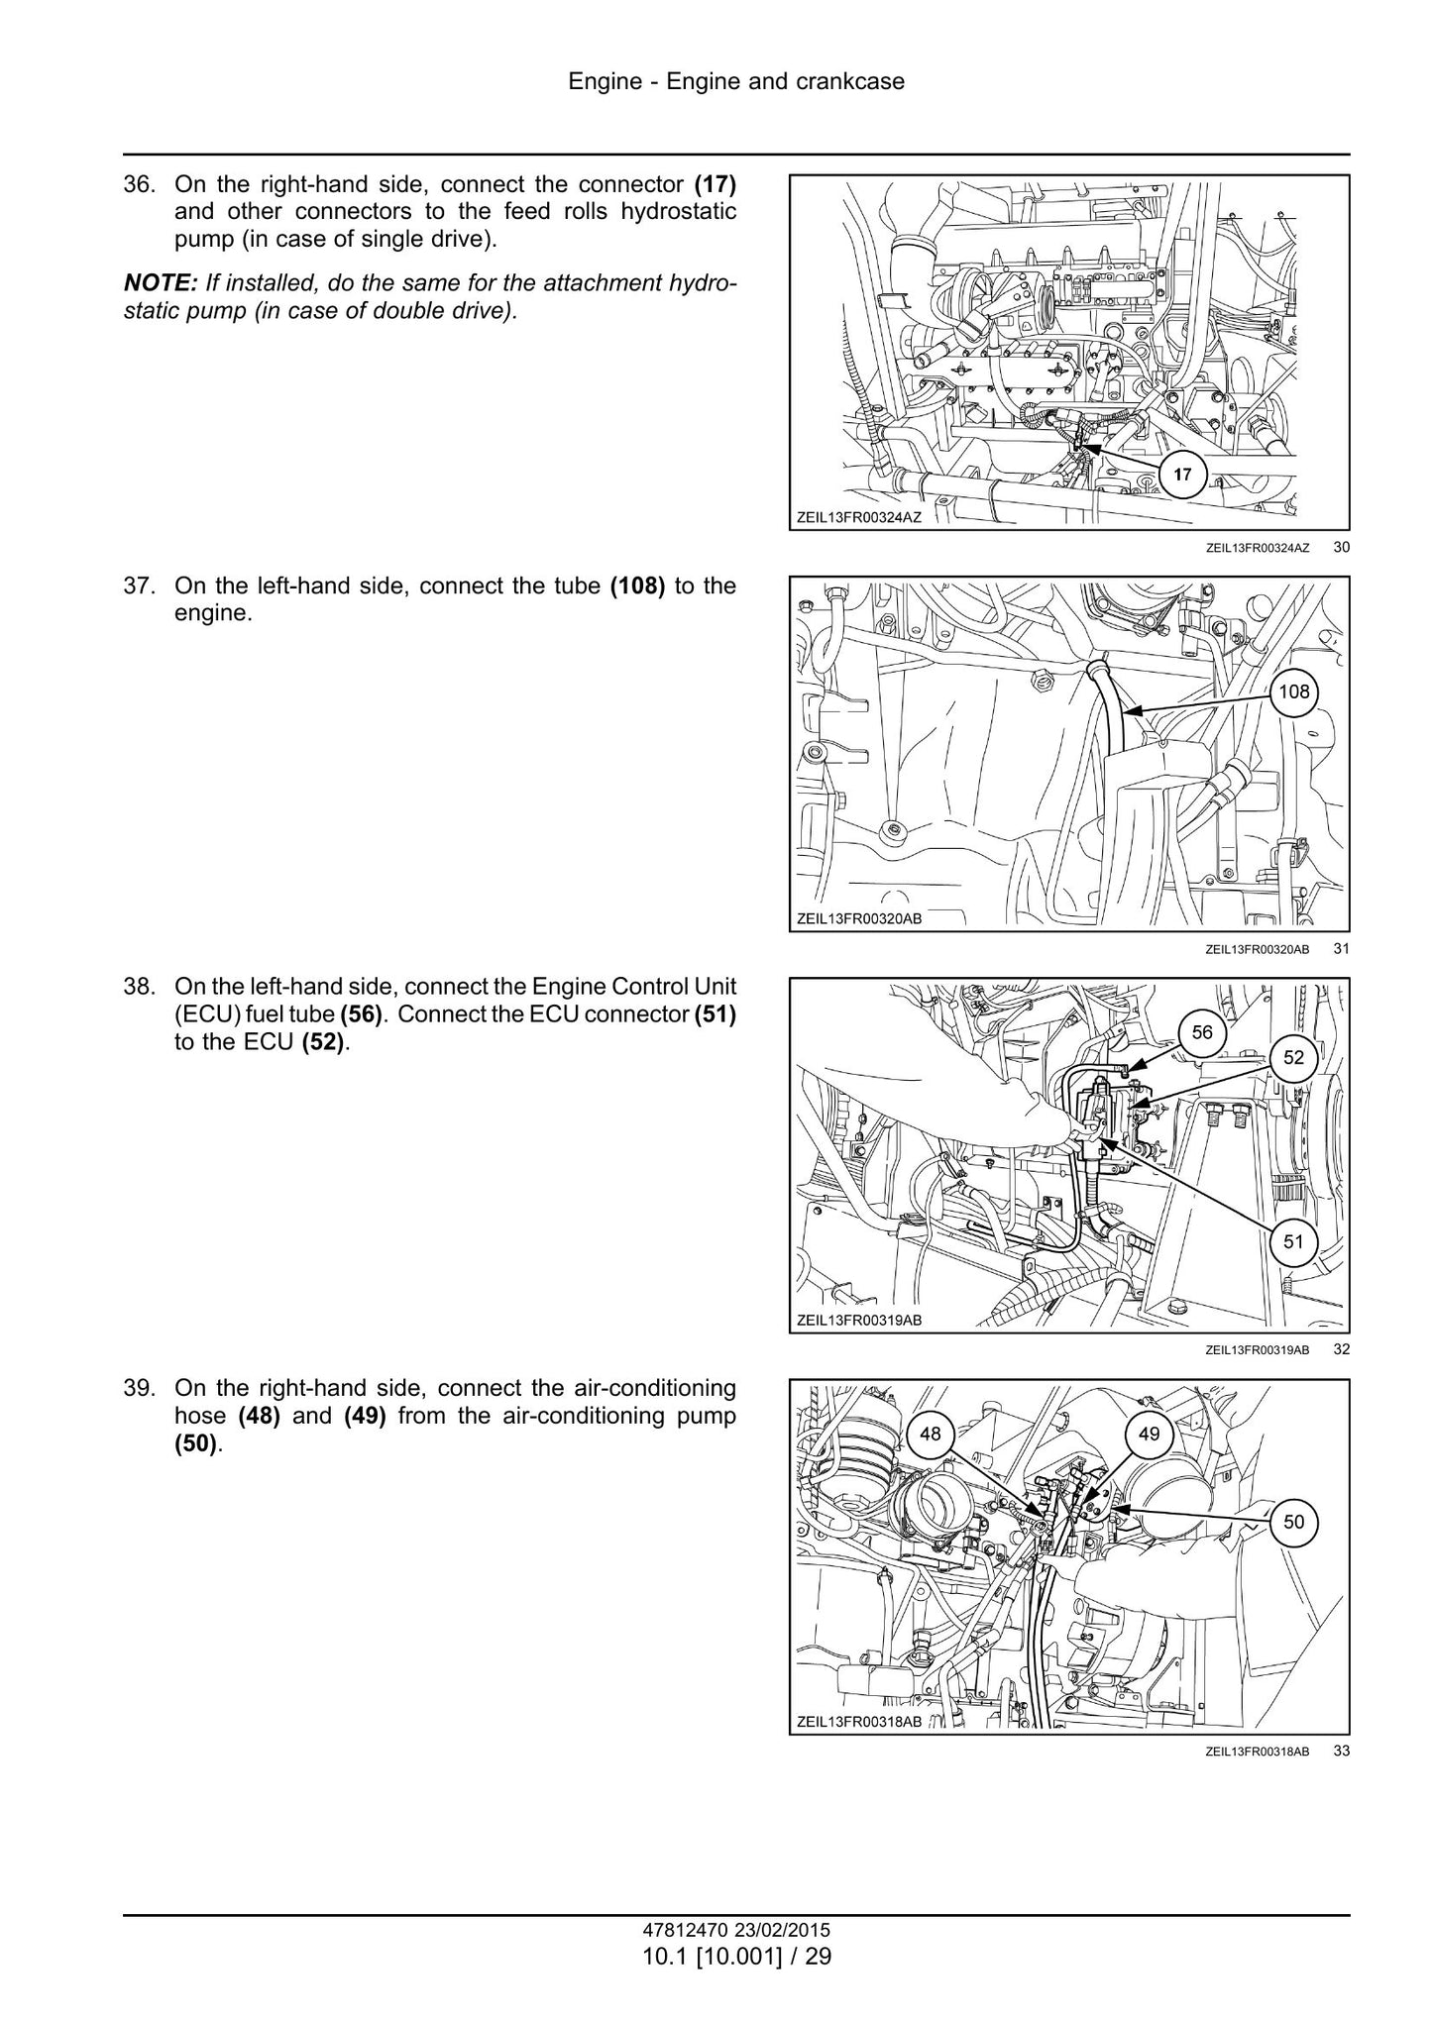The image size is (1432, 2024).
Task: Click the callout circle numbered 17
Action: coord(1182,475)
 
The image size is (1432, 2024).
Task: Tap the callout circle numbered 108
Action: coord(1294,692)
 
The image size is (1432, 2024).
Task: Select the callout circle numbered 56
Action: coord(1202,1032)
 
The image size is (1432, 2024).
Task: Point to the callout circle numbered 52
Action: coord(1294,1057)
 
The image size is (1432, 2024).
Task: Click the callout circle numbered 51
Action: coord(1294,1240)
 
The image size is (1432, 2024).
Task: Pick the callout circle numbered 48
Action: coord(931,1434)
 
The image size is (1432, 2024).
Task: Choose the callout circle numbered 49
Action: coord(1149,1434)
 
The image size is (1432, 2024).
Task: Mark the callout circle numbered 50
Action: coord(1294,1521)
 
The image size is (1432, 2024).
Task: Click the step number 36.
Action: coord(139,184)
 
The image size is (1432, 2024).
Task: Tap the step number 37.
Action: coord(139,586)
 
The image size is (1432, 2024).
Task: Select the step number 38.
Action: coord(139,987)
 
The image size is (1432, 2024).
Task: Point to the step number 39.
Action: coord(139,1388)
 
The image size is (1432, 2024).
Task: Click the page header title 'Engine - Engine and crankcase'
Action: coord(736,81)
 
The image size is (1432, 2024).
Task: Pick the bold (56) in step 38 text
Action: coord(361,1015)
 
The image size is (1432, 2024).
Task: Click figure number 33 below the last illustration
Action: coord(1341,1751)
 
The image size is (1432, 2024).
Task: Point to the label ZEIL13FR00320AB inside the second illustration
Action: coord(859,918)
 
